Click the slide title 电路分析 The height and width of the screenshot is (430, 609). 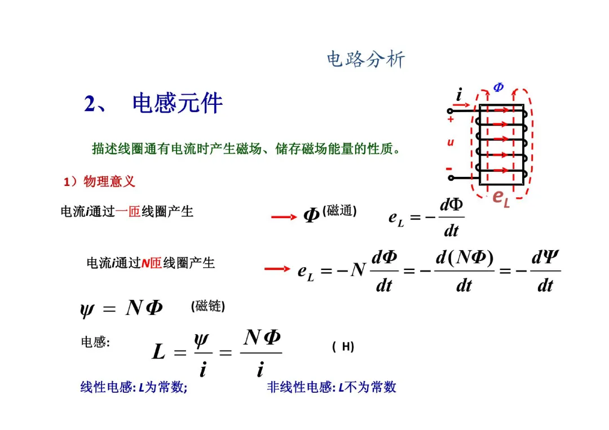point(365,59)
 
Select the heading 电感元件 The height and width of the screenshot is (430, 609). point(178,104)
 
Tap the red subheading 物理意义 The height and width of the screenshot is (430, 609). point(109,181)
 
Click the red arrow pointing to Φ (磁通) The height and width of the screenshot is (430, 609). point(284,216)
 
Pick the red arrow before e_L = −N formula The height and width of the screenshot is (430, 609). point(277,269)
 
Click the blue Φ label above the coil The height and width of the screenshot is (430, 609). point(498,87)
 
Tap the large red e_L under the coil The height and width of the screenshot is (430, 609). point(501,198)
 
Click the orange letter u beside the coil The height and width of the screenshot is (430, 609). point(451,143)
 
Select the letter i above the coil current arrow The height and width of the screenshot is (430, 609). point(459,95)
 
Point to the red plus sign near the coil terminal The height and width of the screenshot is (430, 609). point(451,119)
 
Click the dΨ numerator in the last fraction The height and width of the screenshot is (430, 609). point(545,259)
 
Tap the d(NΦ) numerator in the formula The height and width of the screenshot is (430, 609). point(465,258)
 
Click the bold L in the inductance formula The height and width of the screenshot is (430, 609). point(159,353)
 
